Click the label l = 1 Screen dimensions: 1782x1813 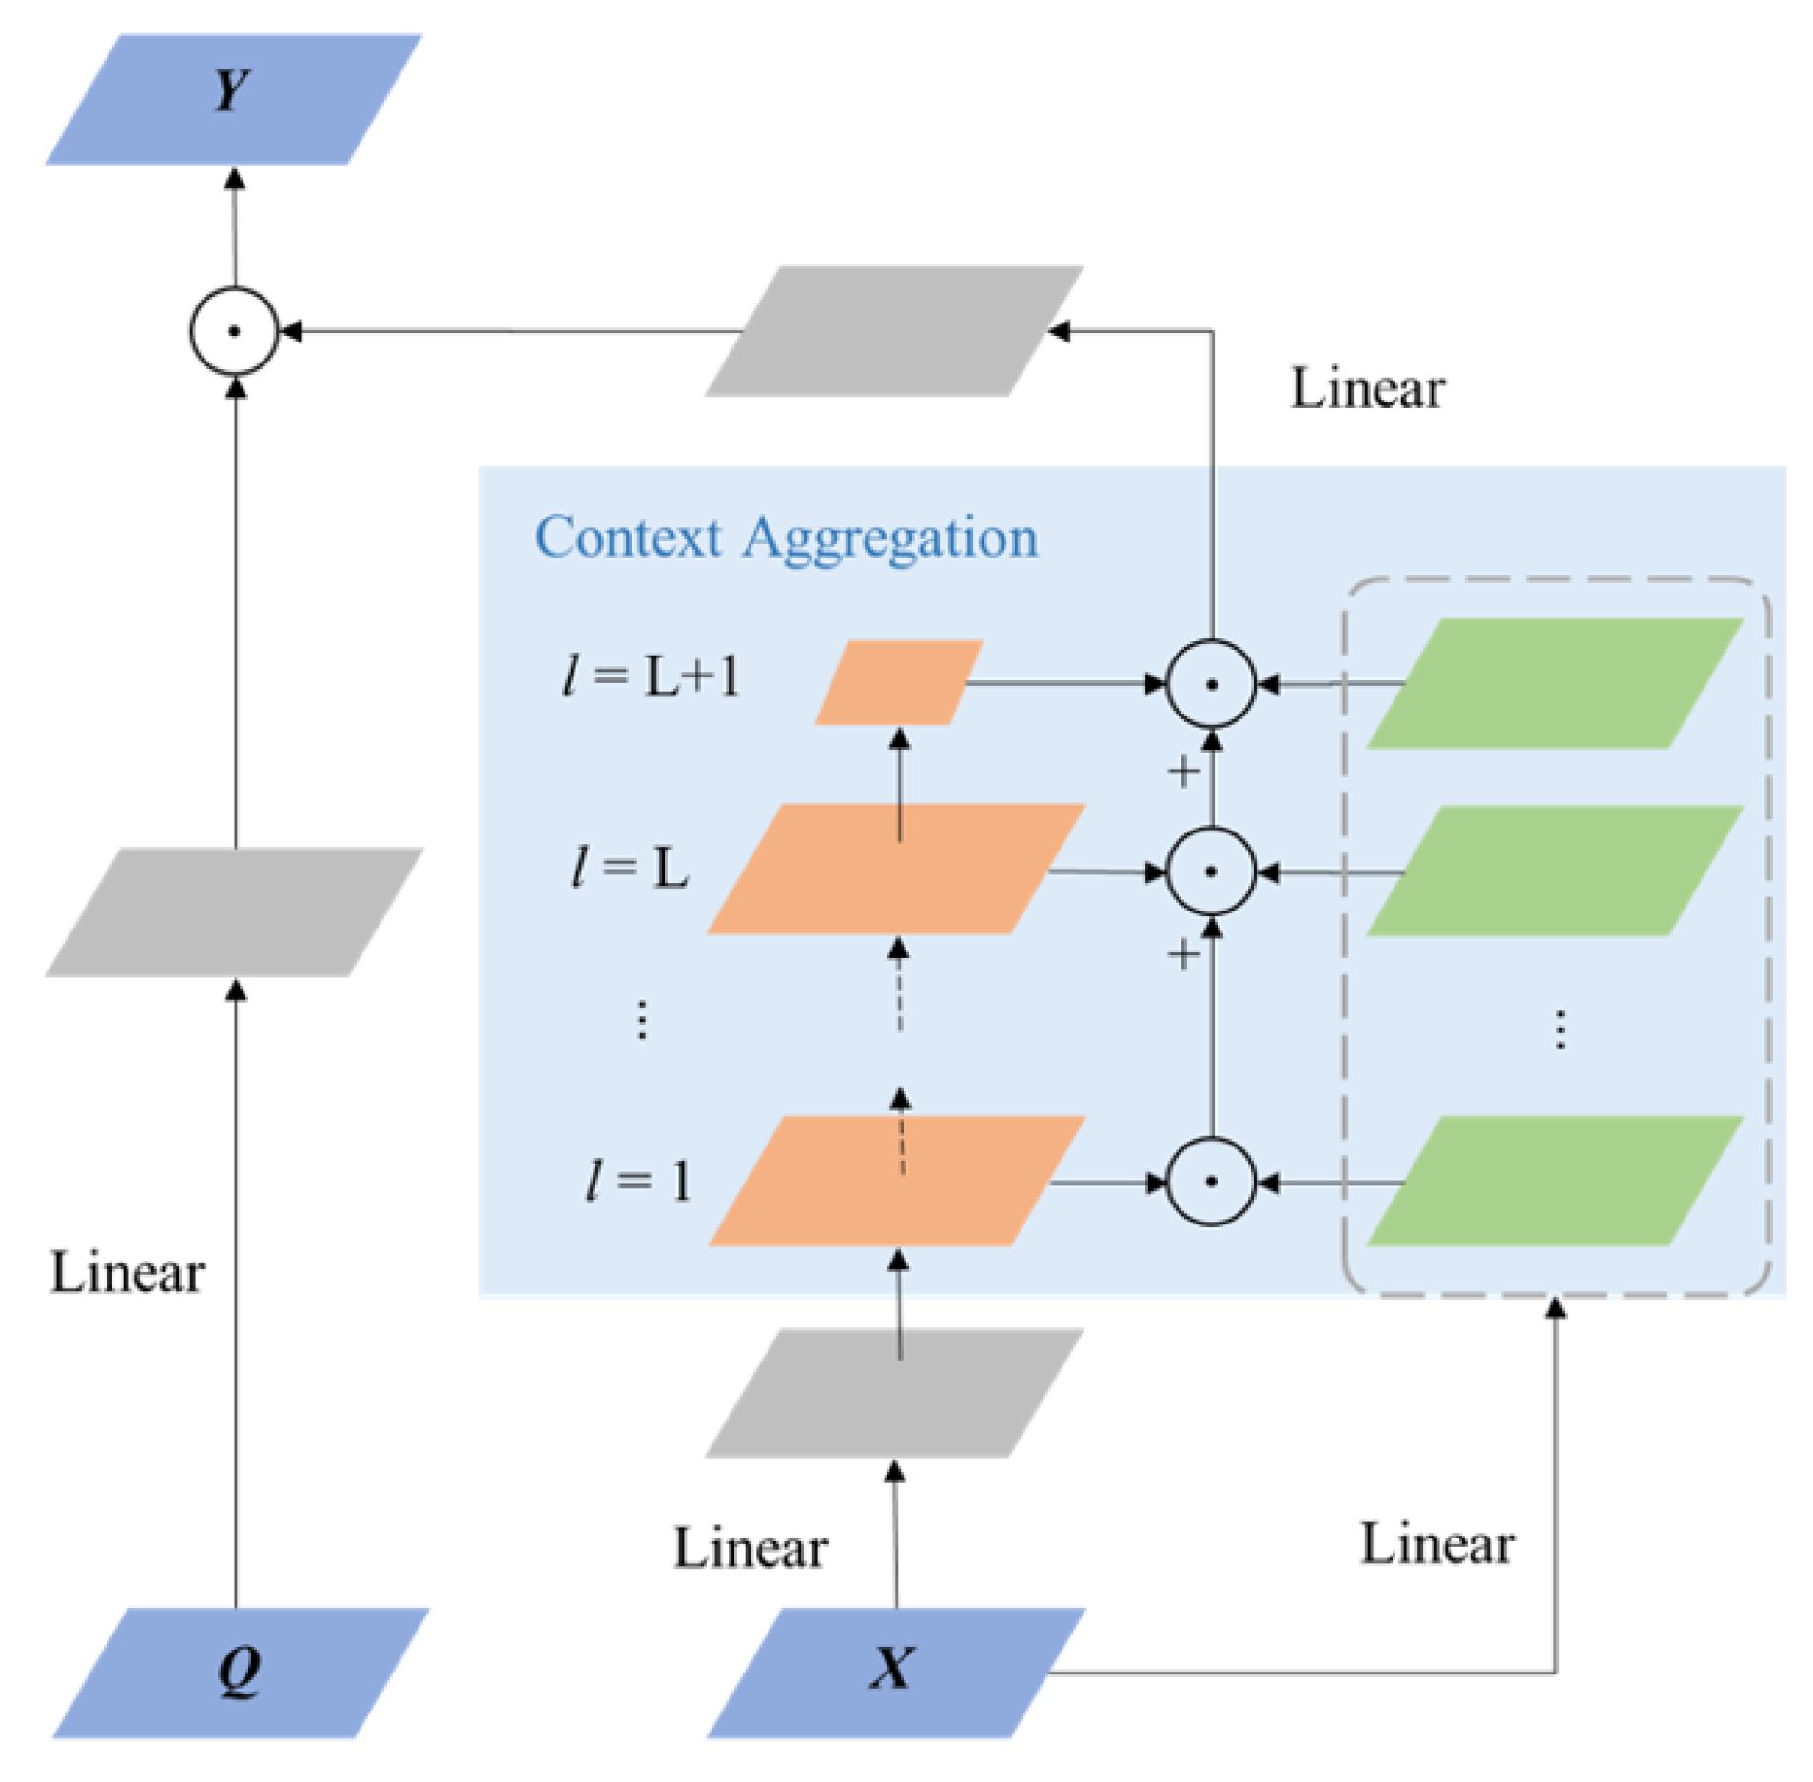pyautogui.click(x=636, y=1181)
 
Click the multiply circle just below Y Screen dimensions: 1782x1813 pyautogui.click(x=233, y=331)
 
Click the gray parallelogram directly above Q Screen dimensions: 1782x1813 pyautogui.click(x=233, y=911)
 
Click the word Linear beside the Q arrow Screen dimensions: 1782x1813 pyautogui.click(x=127, y=1273)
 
